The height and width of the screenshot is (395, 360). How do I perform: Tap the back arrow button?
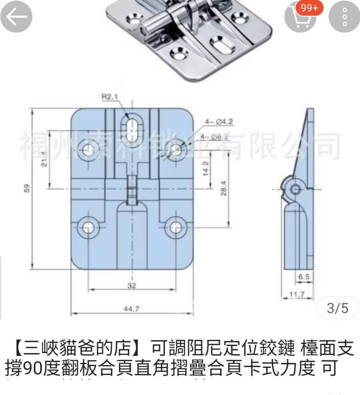pyautogui.click(x=16, y=17)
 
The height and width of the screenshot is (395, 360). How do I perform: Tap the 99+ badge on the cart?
pyautogui.click(x=312, y=8)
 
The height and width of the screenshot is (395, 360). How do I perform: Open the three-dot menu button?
pyautogui.click(x=344, y=17)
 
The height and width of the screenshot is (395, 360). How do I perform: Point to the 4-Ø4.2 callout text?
pyautogui.click(x=219, y=121)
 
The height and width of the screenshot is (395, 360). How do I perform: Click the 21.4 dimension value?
pyautogui.click(x=44, y=159)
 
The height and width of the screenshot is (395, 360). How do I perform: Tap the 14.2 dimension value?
pyautogui.click(x=206, y=169)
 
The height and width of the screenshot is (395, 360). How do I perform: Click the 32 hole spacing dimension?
pyautogui.click(x=131, y=286)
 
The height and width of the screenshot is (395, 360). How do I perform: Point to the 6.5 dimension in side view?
pyautogui.click(x=304, y=277)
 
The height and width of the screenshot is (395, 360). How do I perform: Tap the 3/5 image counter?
pyautogui.click(x=337, y=308)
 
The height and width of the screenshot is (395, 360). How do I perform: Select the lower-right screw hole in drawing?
pyautogui.click(x=176, y=228)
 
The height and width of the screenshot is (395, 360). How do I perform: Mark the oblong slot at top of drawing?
pyautogui.click(x=132, y=126)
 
